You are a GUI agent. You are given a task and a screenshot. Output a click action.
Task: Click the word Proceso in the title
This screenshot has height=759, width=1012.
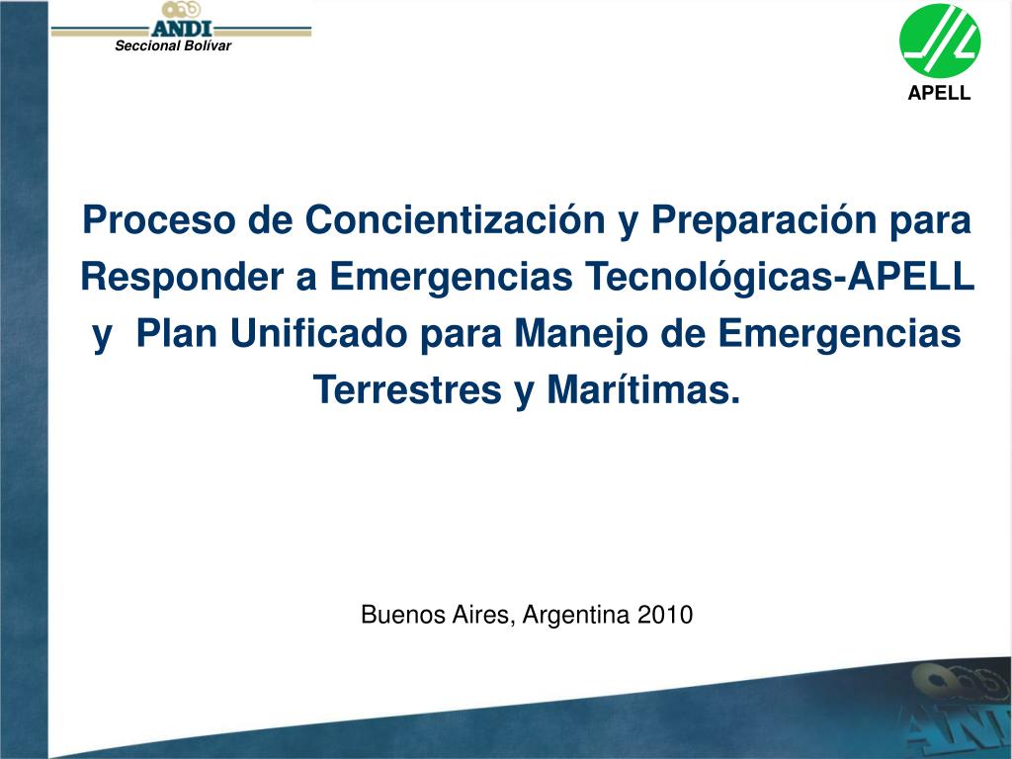point(159,219)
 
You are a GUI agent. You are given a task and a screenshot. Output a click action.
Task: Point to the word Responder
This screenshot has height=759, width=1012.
point(182,277)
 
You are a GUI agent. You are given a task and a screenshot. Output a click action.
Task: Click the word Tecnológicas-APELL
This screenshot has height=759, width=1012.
point(779,277)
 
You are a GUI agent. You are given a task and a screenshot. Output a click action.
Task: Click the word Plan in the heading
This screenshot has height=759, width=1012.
point(177,334)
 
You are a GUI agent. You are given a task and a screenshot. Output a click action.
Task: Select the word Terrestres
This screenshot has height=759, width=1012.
point(408,389)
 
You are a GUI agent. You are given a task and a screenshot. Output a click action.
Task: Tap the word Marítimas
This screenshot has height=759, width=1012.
point(642,389)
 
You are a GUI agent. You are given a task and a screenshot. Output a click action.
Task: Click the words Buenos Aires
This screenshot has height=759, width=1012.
point(439,614)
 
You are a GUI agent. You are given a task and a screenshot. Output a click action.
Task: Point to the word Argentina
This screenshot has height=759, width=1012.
point(576,615)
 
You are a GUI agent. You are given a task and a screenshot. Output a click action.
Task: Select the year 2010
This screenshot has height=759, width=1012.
point(665,614)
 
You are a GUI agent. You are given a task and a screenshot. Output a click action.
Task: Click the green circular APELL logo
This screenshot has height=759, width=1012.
point(940,41)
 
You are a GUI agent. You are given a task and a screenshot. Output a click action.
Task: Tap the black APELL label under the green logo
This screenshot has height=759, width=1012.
point(939,93)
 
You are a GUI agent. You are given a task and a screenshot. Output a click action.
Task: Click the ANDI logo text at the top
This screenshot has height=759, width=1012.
point(182,29)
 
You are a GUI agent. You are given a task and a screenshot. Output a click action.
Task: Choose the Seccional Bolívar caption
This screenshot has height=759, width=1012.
point(173,45)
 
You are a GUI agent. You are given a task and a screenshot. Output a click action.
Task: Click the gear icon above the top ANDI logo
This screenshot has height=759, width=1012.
point(182,10)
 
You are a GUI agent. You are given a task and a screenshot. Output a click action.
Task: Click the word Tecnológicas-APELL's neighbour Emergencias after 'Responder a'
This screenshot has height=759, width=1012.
point(451,278)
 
